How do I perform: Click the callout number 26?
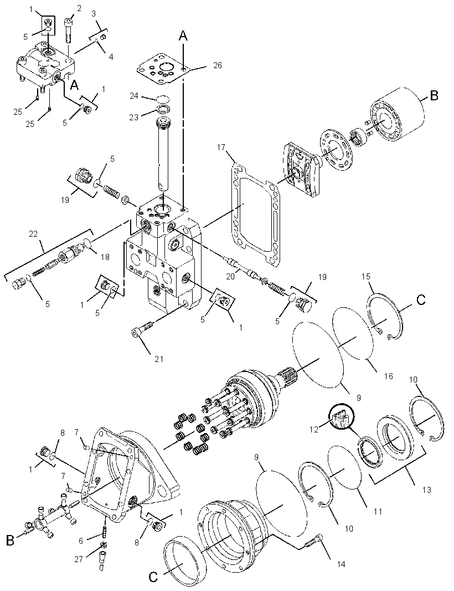coord(217,65)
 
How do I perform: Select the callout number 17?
coord(221,147)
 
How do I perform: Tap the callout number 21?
coord(159,359)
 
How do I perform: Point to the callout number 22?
coord(33,234)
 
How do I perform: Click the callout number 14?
coord(341,564)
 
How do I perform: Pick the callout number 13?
coord(426,490)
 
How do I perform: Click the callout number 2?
coord(79,8)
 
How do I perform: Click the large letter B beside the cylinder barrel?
coord(434,96)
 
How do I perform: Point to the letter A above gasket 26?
coord(183,36)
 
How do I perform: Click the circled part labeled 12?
coord(342,416)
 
